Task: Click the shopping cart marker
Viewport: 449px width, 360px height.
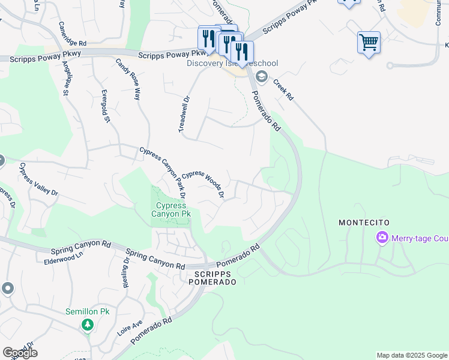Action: tap(369, 43)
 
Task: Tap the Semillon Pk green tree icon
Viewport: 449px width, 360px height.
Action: tap(88, 325)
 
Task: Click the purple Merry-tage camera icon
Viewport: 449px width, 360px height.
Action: tap(382, 238)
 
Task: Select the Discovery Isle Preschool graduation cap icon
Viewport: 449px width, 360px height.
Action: tap(261, 76)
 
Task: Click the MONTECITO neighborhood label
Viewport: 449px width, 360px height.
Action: tap(364, 223)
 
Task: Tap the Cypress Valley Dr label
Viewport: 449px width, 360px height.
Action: tap(38, 179)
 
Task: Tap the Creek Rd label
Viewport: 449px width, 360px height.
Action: tap(283, 89)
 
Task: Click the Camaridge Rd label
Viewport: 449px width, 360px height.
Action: tap(73, 43)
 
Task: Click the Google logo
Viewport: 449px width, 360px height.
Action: tap(20, 353)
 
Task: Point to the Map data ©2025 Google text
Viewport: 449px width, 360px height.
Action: tap(411, 355)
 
